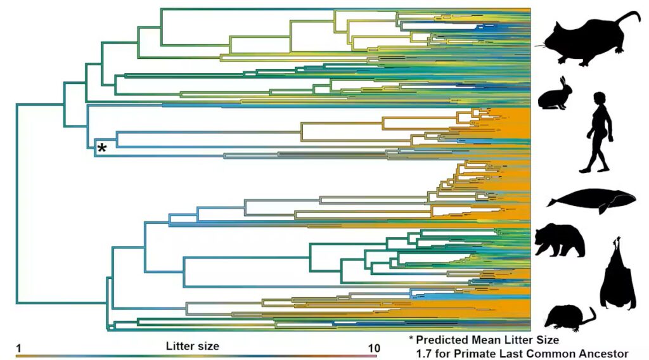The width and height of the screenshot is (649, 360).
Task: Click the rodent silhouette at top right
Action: point(586,41)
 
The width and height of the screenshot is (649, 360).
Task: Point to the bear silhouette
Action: point(558,241)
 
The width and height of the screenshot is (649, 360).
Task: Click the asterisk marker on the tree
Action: point(101,149)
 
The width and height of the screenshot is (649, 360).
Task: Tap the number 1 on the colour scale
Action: point(19,347)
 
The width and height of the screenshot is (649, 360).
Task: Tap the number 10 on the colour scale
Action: point(373,347)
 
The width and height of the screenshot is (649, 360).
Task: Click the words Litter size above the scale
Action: point(192,346)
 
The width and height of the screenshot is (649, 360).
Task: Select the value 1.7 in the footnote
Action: point(424,353)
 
